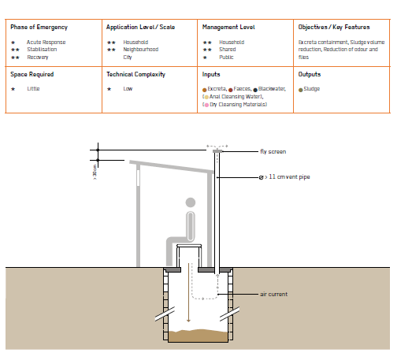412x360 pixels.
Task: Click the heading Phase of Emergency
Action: click(x=39, y=28)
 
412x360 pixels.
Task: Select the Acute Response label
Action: click(x=46, y=43)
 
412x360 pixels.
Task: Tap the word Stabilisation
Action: click(x=42, y=50)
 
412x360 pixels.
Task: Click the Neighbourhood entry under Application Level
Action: click(x=141, y=50)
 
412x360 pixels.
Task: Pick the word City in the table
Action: click(x=128, y=58)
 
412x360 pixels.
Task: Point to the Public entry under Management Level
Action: click(x=226, y=58)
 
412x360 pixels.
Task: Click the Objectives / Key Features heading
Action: click(x=334, y=27)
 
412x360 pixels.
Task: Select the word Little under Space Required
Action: click(x=33, y=89)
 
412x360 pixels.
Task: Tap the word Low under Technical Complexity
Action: click(x=128, y=89)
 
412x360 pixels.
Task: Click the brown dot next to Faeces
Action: click(x=231, y=90)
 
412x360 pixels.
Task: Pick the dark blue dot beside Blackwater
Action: click(x=255, y=90)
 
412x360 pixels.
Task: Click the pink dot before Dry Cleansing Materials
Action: click(x=206, y=105)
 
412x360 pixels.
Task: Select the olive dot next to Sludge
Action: click(x=301, y=90)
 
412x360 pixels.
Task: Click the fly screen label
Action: click(x=273, y=151)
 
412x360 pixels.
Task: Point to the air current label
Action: click(x=274, y=295)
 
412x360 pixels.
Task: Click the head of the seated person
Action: click(x=191, y=202)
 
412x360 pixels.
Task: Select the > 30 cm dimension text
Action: click(x=95, y=173)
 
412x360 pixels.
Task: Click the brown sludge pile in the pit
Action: click(x=198, y=336)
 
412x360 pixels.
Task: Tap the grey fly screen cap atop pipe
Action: click(x=217, y=151)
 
